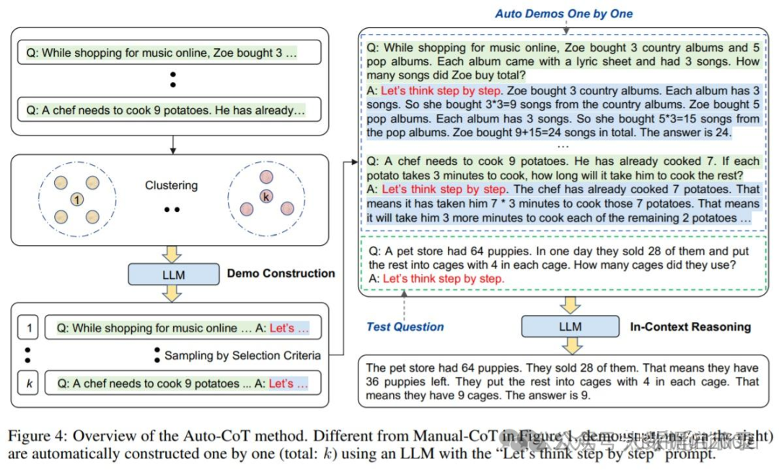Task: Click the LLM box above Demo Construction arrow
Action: tap(173, 274)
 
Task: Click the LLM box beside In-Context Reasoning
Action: tap(570, 326)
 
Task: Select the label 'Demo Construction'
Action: tap(281, 274)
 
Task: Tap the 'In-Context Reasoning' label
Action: tap(690, 326)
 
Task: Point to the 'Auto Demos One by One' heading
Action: tap(563, 14)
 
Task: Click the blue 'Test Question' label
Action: tap(405, 326)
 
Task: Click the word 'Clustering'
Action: tap(171, 185)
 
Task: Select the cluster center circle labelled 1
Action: tap(78, 199)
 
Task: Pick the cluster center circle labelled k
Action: tap(267, 196)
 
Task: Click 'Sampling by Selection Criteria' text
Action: tap(242, 355)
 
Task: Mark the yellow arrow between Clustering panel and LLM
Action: tap(173, 253)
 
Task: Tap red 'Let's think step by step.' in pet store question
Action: tap(443, 279)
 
